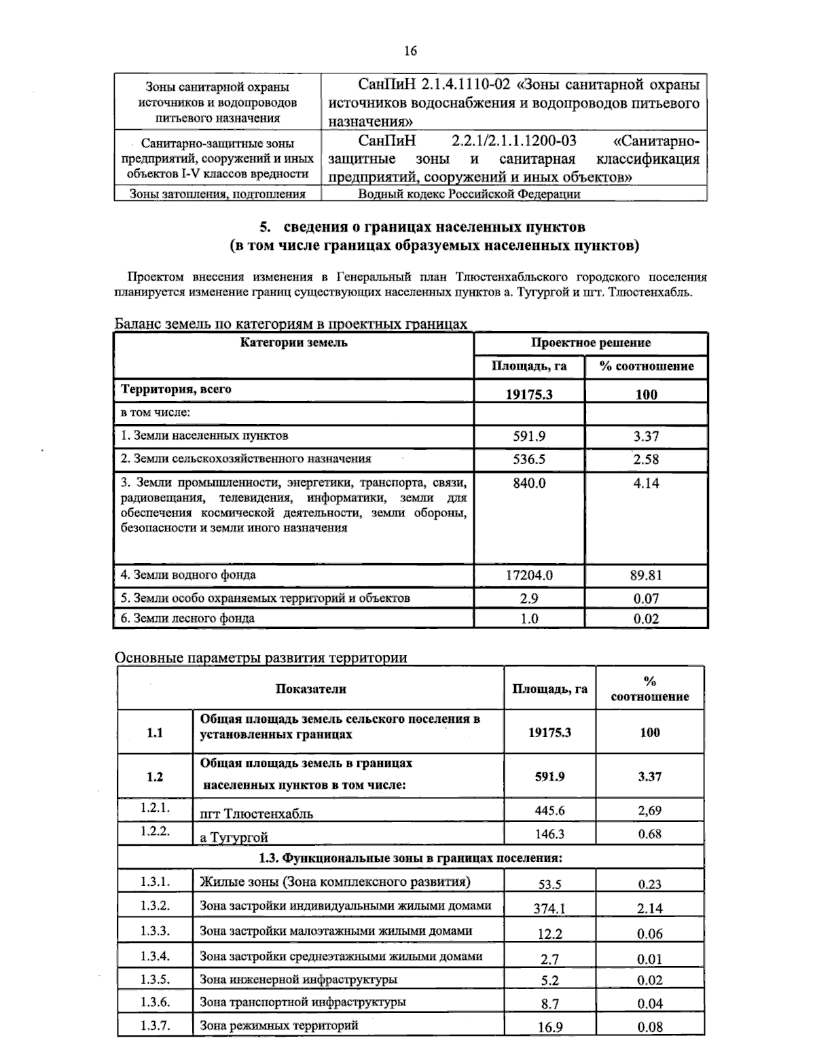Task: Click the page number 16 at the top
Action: click(410, 51)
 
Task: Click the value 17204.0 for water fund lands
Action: click(529, 575)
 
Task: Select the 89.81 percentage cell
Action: click(645, 575)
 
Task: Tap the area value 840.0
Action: click(529, 484)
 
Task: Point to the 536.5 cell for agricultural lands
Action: click(529, 459)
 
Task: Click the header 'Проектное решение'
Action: click(590, 343)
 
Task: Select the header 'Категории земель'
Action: click(293, 342)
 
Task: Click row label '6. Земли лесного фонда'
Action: click(187, 618)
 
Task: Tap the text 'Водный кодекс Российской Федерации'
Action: click(469, 194)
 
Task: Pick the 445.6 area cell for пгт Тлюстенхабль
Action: click(550, 810)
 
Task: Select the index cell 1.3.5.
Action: click(155, 979)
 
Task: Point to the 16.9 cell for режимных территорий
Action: click(550, 1027)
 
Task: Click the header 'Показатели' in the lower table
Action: click(310, 689)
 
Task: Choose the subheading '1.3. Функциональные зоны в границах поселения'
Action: click(410, 858)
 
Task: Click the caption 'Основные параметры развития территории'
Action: click(261, 658)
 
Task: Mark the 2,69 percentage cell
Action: click(649, 810)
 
